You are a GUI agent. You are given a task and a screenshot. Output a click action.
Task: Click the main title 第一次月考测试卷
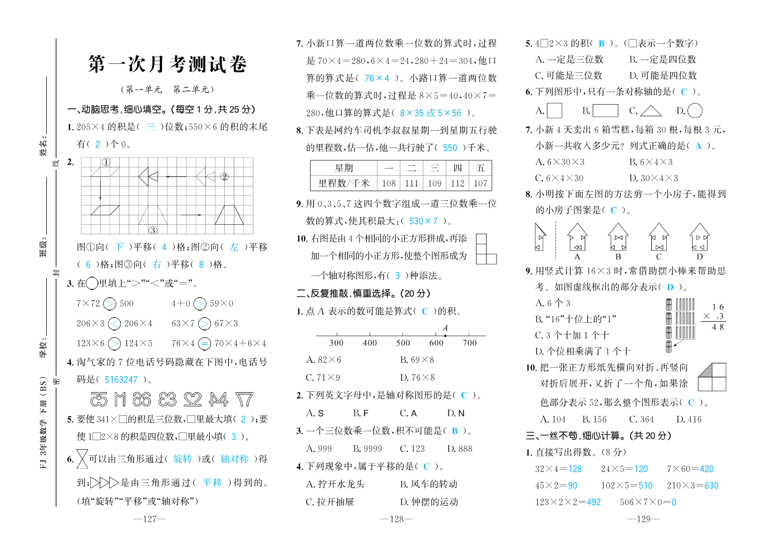(x=167, y=64)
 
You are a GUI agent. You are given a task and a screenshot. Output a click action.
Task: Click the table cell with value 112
(x=458, y=183)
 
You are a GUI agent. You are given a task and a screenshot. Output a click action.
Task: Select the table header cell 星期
(x=344, y=168)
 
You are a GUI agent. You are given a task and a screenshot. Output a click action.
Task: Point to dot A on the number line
(x=445, y=336)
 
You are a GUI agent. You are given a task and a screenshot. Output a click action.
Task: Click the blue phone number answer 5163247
(x=121, y=380)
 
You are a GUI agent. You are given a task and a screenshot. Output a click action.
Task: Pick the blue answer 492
(x=593, y=502)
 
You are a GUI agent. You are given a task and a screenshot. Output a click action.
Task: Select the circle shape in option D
(x=695, y=111)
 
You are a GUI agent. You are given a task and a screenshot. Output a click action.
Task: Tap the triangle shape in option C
(x=651, y=111)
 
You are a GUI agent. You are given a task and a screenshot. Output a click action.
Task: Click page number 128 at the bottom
(x=396, y=519)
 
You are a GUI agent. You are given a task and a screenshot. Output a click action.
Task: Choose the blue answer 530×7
(x=423, y=221)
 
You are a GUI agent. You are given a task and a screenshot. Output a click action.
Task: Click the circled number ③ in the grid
(x=153, y=230)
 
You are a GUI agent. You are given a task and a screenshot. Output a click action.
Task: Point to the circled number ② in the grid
(x=224, y=177)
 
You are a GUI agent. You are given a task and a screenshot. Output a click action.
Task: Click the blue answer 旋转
(x=183, y=459)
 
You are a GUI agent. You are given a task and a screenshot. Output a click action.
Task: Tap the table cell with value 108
(x=389, y=183)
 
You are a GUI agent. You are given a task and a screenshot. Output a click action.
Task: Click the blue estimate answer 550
(x=450, y=148)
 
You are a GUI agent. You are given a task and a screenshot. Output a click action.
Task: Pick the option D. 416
(x=689, y=419)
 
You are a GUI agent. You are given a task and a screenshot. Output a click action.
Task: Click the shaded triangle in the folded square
(x=707, y=371)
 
